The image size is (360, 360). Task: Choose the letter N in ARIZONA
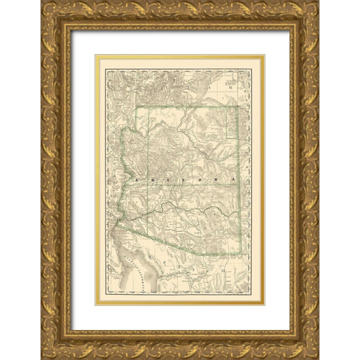[x=212, y=181]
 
